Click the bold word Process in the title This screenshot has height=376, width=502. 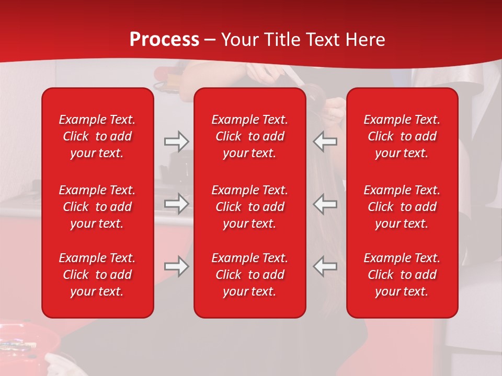coord(164,40)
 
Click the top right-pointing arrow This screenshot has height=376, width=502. coord(176,142)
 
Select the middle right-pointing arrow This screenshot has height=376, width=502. coord(176,204)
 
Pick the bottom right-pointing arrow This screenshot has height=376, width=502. coord(176,266)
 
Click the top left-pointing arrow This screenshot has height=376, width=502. coord(325,142)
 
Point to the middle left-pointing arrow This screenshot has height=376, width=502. coord(325,204)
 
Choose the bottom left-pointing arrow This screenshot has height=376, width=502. coord(325,266)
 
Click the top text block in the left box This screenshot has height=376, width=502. coord(97,136)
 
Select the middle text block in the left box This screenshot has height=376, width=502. coord(97,207)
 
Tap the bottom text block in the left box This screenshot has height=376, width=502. coord(97,275)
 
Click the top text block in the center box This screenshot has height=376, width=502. coord(249,136)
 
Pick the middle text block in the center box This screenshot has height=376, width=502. coord(249,207)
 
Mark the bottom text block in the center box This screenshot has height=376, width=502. coord(249,275)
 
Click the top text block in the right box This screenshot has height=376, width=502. coord(402,136)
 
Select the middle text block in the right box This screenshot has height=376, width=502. coord(402,207)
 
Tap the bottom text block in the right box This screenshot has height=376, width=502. coord(402,275)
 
